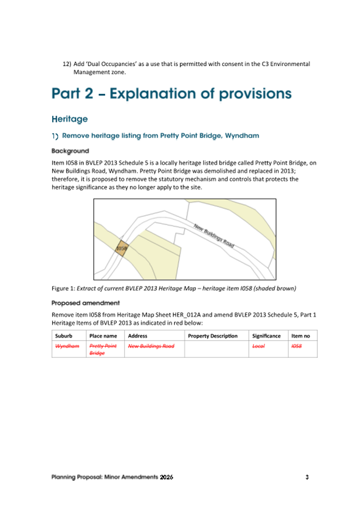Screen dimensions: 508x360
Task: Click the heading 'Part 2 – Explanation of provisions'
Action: [172, 94]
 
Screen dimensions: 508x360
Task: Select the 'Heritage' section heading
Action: [69, 118]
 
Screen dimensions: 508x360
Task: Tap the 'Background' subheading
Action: [70, 151]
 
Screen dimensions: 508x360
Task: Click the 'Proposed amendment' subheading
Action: [85, 303]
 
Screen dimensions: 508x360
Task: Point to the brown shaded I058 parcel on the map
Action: [122, 248]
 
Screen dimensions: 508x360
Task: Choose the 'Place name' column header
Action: [103, 336]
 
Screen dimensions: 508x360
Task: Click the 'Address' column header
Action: [138, 336]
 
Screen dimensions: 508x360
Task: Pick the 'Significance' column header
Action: [266, 336]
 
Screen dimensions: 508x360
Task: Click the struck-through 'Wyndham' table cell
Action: [67, 346]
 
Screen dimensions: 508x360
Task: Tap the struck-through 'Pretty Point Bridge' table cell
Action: [103, 350]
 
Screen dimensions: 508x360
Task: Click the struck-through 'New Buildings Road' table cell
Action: [151, 346]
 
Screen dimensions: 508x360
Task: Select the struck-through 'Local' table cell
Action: [259, 346]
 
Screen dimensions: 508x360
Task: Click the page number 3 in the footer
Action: [307, 477]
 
